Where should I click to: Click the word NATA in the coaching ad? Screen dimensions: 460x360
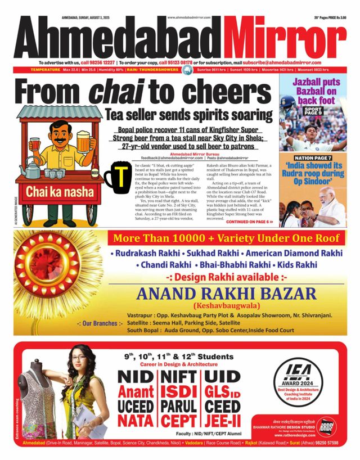point(133,420)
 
